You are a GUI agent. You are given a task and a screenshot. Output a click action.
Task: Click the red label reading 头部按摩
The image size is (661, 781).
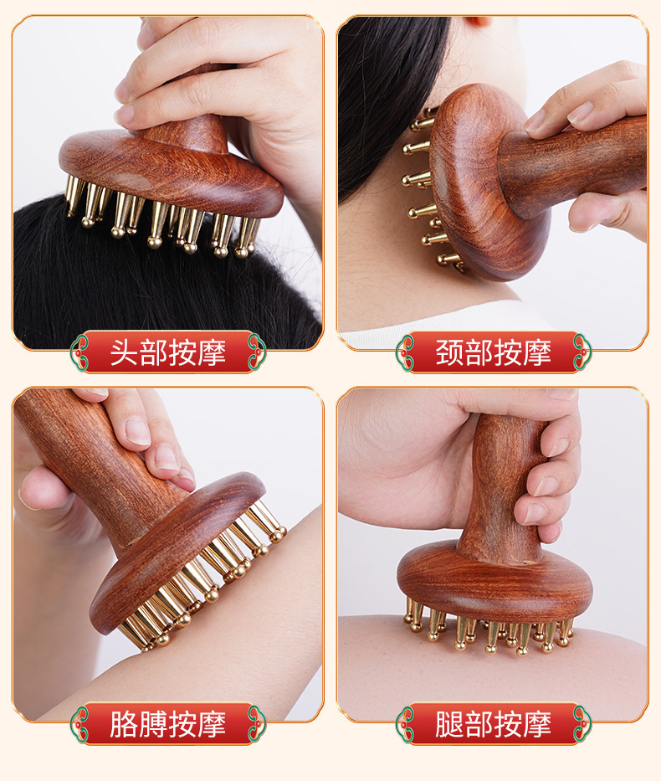pos(168,352)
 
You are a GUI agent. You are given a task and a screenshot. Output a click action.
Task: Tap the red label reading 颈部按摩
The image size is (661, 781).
pos(494,352)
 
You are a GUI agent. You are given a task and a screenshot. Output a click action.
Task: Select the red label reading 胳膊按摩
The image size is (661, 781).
pos(168,723)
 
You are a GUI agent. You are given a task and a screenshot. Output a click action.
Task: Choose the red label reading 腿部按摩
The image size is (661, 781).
pos(494,723)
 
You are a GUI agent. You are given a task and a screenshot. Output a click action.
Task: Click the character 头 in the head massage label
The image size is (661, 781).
pos(124,352)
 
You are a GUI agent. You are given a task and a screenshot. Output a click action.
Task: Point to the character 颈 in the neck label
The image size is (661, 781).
pos(449,352)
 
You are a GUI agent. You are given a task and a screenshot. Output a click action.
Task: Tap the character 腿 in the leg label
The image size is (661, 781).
pos(449,724)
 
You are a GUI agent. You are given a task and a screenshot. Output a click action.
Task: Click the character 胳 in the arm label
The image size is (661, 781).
pos(124,724)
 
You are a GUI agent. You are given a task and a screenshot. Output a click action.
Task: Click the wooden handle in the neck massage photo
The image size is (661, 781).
pos(572,164)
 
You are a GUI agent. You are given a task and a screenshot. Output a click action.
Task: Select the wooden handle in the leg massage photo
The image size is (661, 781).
pos(503,488)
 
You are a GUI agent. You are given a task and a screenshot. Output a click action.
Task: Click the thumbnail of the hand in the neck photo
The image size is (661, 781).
pos(581,112)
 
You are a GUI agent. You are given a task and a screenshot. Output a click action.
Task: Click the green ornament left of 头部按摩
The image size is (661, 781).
pos(79,352)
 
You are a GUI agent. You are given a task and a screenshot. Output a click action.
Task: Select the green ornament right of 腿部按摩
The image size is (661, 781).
pos(582,724)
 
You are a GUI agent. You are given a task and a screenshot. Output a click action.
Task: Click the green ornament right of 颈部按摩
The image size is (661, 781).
pos(582,352)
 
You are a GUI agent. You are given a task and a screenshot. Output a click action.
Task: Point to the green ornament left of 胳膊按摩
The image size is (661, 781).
pos(79,724)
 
